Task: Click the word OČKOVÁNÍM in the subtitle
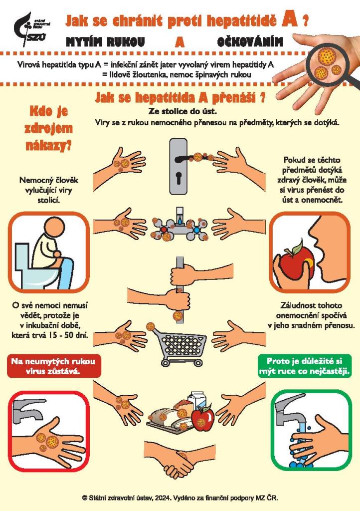250,42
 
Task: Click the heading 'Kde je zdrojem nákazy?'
48,128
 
